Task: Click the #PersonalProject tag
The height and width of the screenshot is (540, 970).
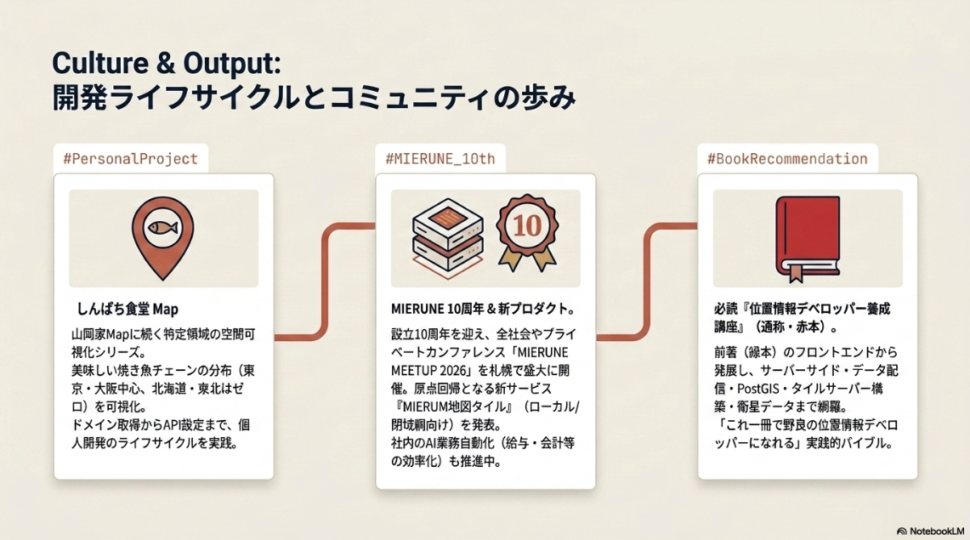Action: [131, 159]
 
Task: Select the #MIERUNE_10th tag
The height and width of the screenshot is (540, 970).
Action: [440, 159]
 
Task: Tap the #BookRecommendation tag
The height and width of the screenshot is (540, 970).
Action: [787, 159]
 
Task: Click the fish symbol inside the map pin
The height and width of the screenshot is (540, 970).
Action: [162, 228]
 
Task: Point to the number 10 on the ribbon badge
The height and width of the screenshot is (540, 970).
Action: [527, 225]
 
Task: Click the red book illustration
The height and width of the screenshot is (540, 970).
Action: [808, 238]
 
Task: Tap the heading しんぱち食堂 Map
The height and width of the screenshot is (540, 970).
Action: [128, 309]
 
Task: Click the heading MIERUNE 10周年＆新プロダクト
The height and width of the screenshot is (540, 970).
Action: [483, 309]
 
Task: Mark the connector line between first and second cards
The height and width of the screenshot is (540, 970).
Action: [325, 282]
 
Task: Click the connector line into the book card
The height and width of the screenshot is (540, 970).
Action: [647, 282]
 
